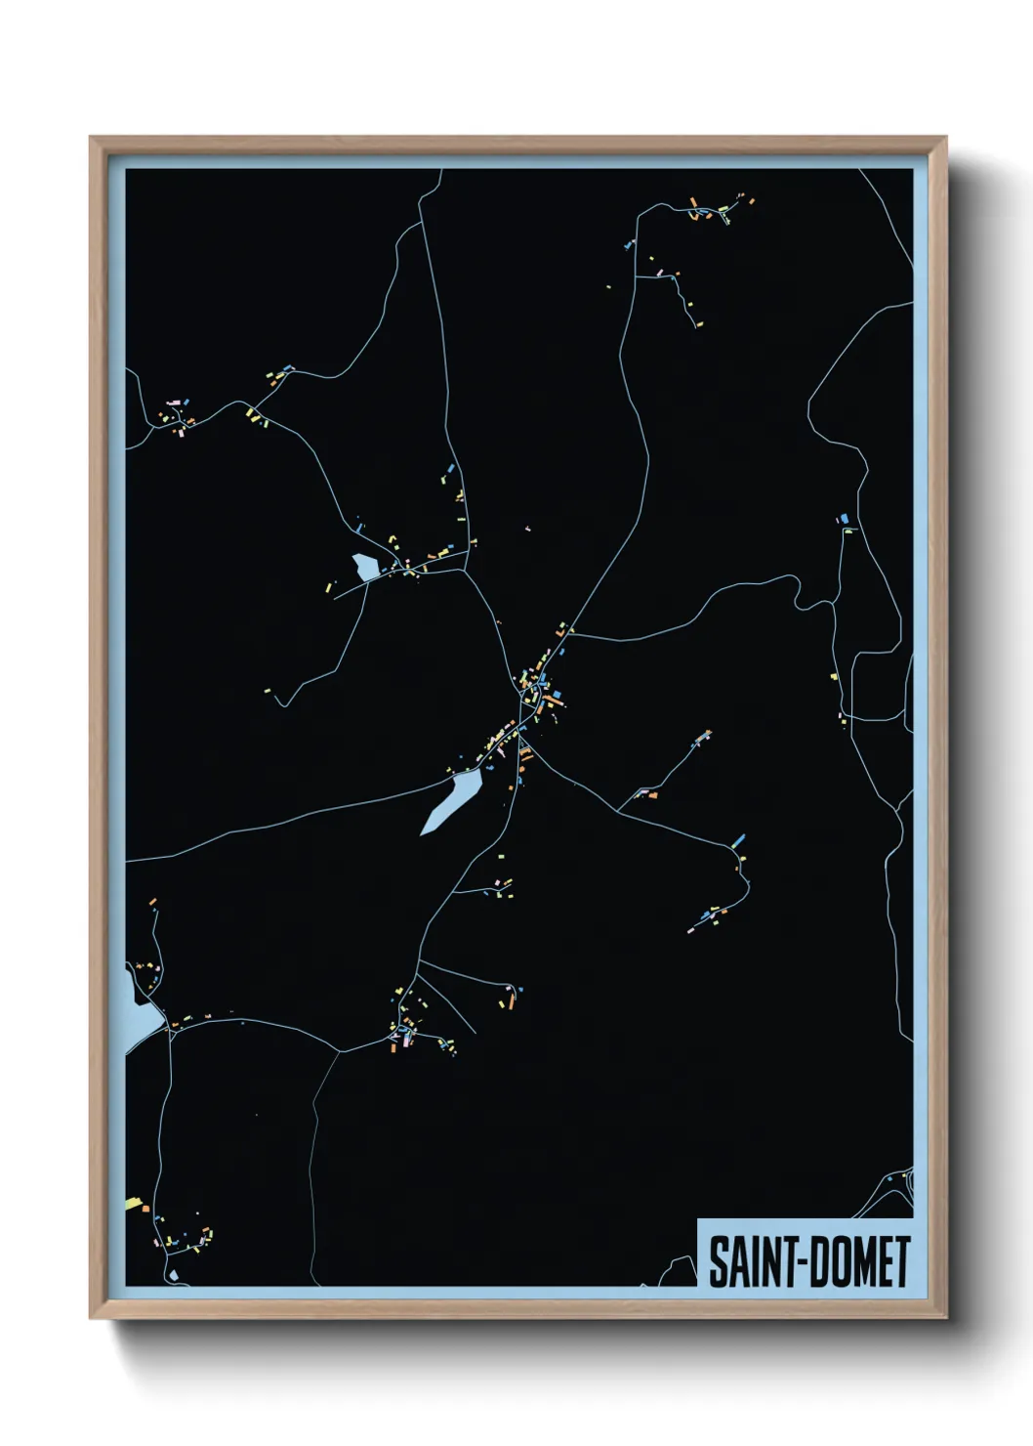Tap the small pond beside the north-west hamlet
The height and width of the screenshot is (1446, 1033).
(x=365, y=566)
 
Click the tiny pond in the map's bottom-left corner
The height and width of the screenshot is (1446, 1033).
(x=173, y=1274)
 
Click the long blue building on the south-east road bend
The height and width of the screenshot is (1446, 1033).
(x=738, y=839)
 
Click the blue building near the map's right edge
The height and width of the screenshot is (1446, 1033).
(x=843, y=518)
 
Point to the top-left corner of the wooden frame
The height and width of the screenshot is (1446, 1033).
(x=91, y=138)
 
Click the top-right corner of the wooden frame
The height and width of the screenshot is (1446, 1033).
(x=945, y=138)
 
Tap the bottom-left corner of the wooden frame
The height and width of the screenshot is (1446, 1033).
(x=91, y=1317)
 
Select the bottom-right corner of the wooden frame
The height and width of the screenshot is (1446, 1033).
(x=945, y=1317)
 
